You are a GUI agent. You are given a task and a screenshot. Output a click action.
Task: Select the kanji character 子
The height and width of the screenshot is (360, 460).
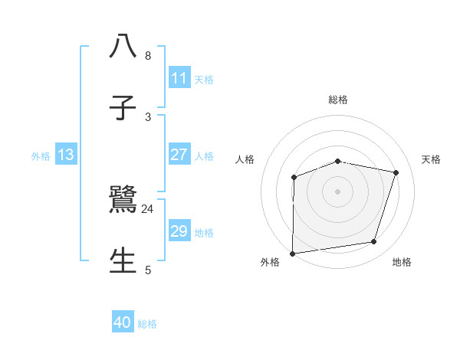(x=123, y=108)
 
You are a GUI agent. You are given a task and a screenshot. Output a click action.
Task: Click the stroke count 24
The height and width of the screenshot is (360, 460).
(x=148, y=209)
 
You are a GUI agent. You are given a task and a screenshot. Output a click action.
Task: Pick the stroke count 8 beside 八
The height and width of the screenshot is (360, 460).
(x=148, y=56)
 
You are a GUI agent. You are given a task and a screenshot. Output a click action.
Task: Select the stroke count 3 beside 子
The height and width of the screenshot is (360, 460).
(x=148, y=116)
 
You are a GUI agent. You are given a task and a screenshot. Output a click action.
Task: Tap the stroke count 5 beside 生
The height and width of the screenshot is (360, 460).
(x=148, y=270)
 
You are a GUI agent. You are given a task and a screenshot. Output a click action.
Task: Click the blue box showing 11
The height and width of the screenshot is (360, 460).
(x=179, y=78)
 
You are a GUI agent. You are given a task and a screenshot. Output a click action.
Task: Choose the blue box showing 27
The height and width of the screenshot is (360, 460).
(x=179, y=155)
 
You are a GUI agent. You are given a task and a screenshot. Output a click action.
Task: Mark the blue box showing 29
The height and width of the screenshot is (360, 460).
(x=179, y=231)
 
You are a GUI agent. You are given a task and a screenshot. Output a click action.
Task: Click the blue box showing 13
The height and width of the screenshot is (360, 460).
(x=66, y=155)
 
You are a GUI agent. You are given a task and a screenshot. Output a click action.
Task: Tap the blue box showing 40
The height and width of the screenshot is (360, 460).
(x=123, y=322)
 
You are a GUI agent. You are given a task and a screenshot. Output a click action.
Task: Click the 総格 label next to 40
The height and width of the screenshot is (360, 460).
(x=147, y=324)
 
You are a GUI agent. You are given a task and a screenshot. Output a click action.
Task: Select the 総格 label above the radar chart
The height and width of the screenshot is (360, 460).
(x=338, y=100)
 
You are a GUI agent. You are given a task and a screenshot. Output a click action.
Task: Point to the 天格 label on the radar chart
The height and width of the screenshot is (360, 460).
(x=432, y=159)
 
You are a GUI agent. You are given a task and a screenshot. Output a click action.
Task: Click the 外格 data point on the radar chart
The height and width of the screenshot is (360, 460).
(x=293, y=254)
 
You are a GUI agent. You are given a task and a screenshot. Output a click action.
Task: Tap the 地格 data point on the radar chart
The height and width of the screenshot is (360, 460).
(x=374, y=242)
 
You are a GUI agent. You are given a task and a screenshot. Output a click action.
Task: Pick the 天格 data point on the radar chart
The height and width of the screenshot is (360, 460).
(x=396, y=172)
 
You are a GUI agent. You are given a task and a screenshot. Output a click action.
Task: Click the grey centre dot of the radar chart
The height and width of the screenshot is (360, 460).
(x=338, y=191)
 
